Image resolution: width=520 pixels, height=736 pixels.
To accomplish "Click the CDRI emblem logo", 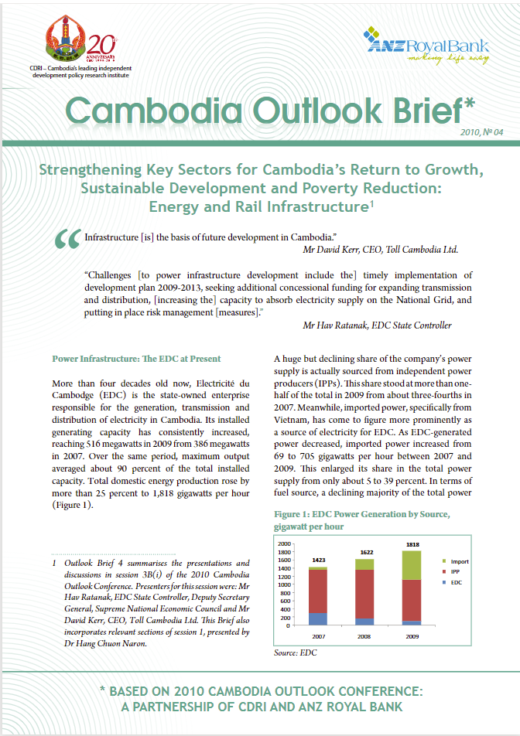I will [64, 44].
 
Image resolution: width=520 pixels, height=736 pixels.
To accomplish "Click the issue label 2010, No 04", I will [481, 133].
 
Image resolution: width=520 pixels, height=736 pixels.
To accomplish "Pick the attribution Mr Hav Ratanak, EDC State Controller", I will [377, 325].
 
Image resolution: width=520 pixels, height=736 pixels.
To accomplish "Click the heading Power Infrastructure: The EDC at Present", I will [136, 359].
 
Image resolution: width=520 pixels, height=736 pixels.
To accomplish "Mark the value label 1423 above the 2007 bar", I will [318, 560].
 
